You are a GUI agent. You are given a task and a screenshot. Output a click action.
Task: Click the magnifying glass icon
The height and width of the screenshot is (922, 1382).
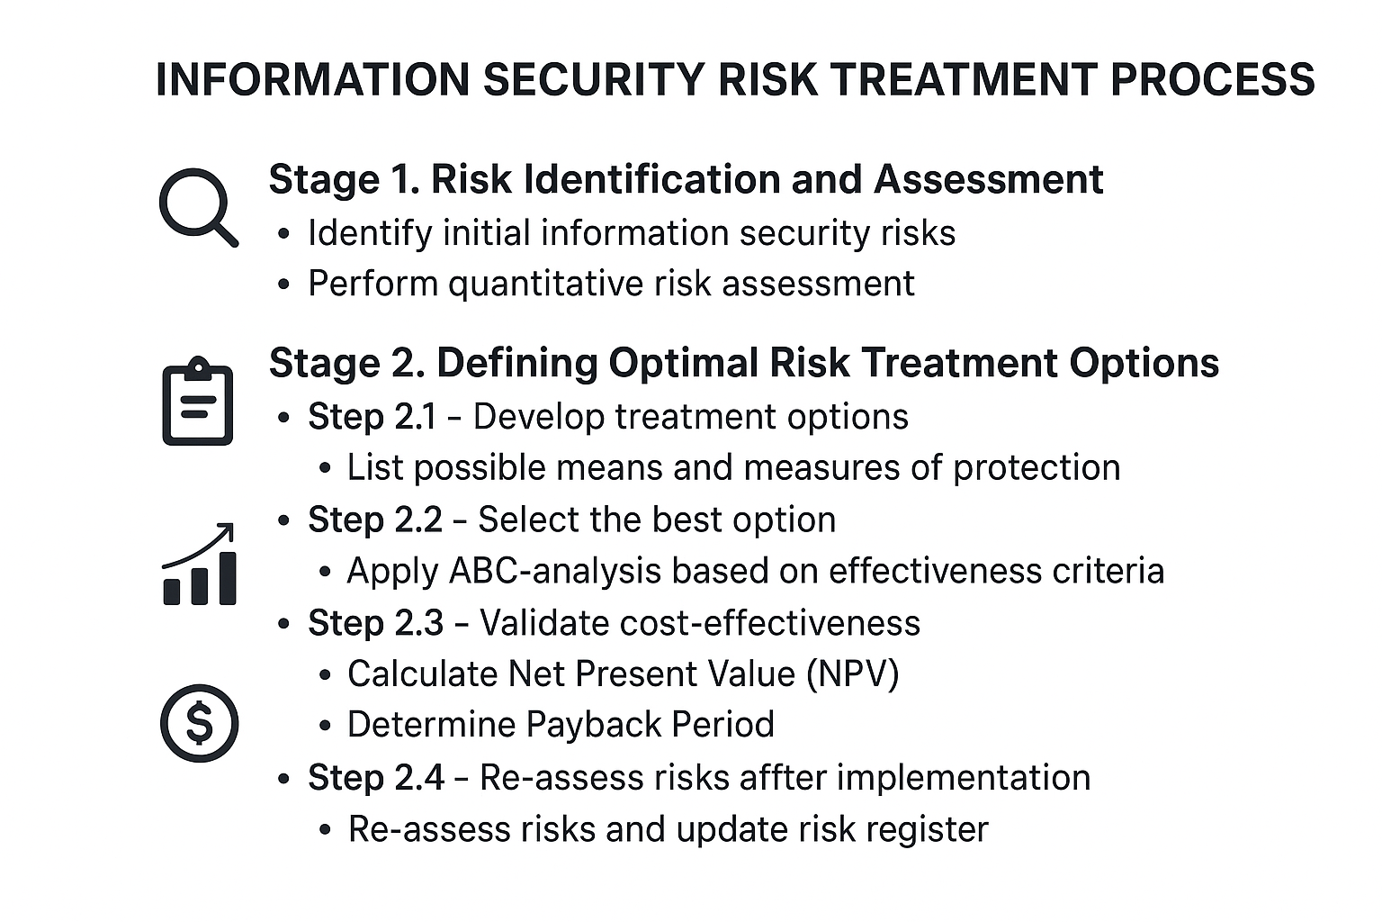pos(197,206)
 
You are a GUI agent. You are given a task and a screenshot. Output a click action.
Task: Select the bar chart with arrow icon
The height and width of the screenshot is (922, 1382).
pos(199,565)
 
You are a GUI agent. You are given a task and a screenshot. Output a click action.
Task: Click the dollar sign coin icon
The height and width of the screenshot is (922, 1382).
pos(199,723)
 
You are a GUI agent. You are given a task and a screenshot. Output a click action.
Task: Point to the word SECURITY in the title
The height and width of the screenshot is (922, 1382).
pos(594,79)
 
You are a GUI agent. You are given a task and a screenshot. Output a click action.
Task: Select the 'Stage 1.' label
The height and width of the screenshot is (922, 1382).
pos(344,179)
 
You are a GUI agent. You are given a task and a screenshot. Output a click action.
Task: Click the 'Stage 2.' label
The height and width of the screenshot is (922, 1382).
pos(345,363)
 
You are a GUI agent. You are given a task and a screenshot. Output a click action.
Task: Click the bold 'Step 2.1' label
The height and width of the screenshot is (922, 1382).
pos(372,417)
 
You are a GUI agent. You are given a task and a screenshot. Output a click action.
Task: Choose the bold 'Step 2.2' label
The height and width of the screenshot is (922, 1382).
pos(374,520)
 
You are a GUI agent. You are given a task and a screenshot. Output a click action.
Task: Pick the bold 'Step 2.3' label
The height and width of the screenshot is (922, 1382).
pos(375,623)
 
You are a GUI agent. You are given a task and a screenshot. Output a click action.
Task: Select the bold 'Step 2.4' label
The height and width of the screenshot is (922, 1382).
pos(375,777)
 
